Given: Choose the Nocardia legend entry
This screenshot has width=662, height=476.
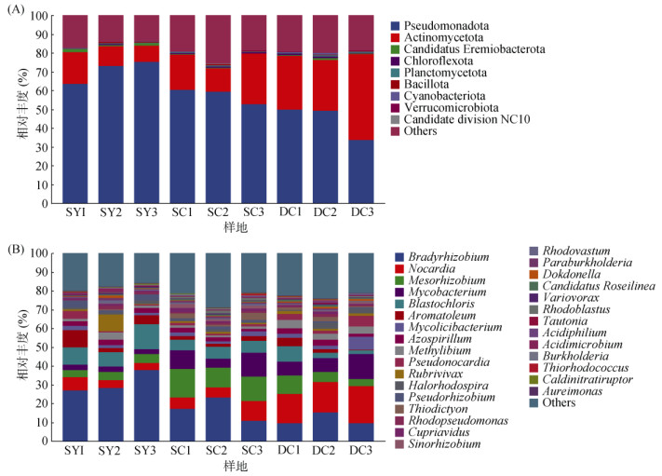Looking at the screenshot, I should point(428,272).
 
